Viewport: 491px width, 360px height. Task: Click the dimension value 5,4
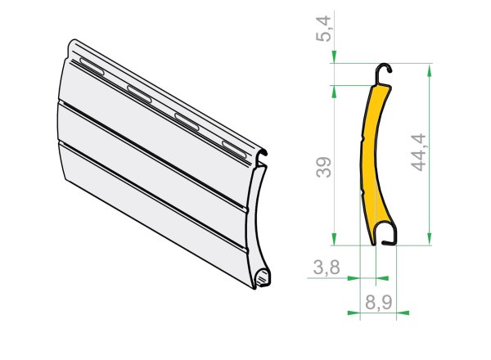tap(323, 29)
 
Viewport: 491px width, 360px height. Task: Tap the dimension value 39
tap(323, 168)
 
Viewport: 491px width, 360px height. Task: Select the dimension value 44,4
tap(418, 152)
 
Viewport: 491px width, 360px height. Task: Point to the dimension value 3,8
tap(327, 268)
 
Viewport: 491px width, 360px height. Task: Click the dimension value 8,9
tap(379, 303)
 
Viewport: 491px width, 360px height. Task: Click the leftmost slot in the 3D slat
tap(92, 66)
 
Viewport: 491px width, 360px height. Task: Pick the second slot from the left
tap(139, 94)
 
